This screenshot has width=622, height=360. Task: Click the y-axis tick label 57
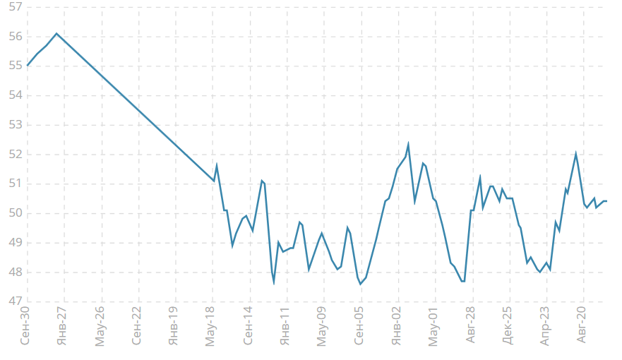pos(14,7)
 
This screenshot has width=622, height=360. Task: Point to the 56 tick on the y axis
pos(14,37)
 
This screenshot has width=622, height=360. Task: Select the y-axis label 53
pos(14,125)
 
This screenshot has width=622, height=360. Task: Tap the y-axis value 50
pos(14,213)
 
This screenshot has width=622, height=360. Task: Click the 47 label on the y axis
pos(14,301)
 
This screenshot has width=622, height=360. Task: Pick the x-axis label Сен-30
pos(25,327)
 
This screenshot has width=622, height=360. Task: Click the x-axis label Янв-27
pos(63,327)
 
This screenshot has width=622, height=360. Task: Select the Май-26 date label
pos(100,327)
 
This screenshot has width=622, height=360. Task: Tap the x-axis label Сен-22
pos(137,327)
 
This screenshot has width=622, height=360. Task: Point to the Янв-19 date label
pos(174,327)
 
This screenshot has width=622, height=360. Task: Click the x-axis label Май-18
pos(211,327)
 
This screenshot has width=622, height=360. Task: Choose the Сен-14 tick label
pos(248,327)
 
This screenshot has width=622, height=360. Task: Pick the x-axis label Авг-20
pos(582,327)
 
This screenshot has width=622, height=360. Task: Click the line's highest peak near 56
pos(56,33)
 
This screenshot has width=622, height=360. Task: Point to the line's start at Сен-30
pos(28,66)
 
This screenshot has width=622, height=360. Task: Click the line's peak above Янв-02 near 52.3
pos(408,145)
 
